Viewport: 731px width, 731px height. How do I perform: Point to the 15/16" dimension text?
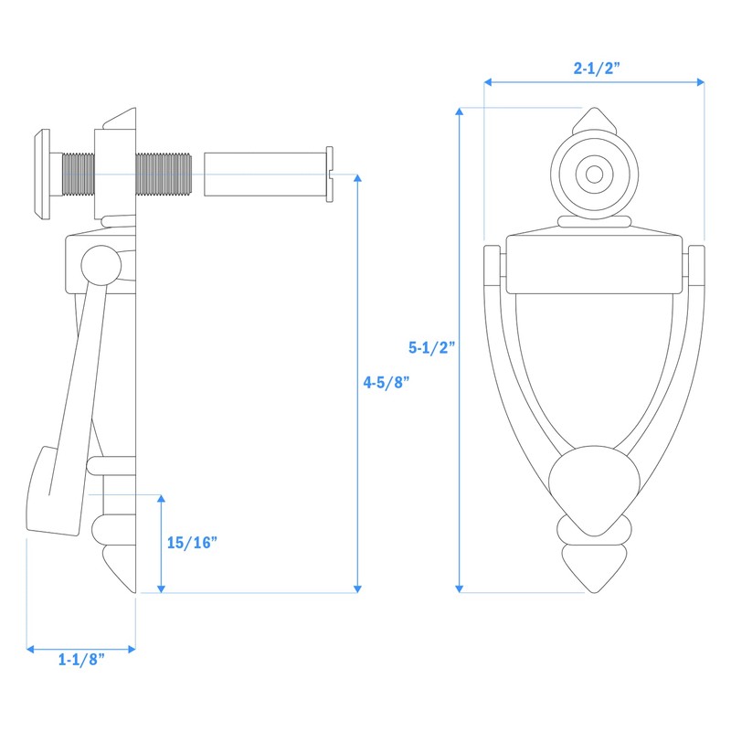pyautogui.click(x=192, y=542)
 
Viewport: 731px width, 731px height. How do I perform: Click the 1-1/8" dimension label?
pyautogui.click(x=80, y=660)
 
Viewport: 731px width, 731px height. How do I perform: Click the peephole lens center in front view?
pyautogui.click(x=594, y=173)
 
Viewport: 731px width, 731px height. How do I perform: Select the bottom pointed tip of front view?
pyautogui.click(x=594, y=571)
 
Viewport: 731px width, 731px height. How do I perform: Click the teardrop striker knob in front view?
pyautogui.click(x=594, y=489)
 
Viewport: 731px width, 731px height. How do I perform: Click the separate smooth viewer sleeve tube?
pyautogui.click(x=265, y=174)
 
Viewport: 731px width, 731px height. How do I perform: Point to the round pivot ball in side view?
pyautogui.click(x=100, y=265)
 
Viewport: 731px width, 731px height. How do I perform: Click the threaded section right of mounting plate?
pyautogui.click(x=164, y=174)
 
